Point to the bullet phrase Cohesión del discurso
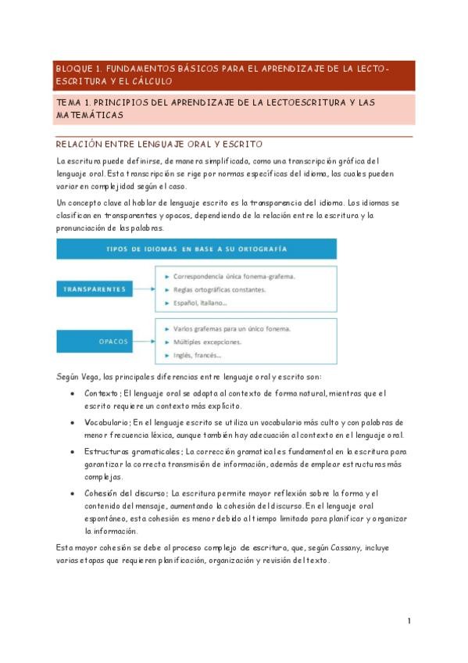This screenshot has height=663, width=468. coord(125,493)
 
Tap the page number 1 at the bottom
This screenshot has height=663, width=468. coord(409,621)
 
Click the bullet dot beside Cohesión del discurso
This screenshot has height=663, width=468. coord(73,493)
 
